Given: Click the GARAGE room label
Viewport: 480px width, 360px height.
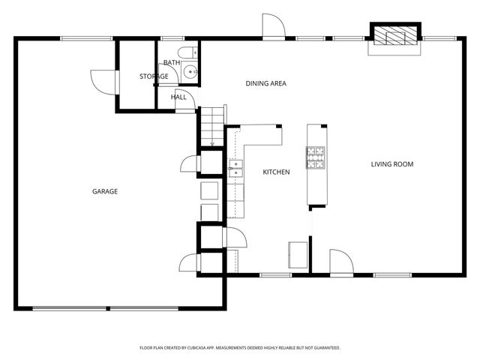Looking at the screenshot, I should (x=105, y=192).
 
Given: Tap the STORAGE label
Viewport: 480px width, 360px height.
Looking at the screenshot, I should (x=153, y=76).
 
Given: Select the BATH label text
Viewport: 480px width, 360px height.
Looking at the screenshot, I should (x=172, y=63).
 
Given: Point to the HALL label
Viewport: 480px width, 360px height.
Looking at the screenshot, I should (x=178, y=97).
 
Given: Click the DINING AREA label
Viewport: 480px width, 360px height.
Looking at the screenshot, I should (x=266, y=83).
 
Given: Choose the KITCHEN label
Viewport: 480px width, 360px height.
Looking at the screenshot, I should (x=276, y=172).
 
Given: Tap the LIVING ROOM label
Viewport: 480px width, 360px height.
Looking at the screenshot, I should (x=392, y=164).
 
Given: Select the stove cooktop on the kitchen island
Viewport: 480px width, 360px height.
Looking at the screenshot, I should (x=316, y=157).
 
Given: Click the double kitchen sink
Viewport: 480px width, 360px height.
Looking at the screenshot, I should (x=236, y=168).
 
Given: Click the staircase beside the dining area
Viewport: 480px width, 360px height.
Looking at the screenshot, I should (x=213, y=125).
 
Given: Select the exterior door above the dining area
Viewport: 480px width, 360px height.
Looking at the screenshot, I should (x=273, y=25).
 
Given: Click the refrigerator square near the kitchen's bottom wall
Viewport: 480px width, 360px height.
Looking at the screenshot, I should (x=297, y=253).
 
